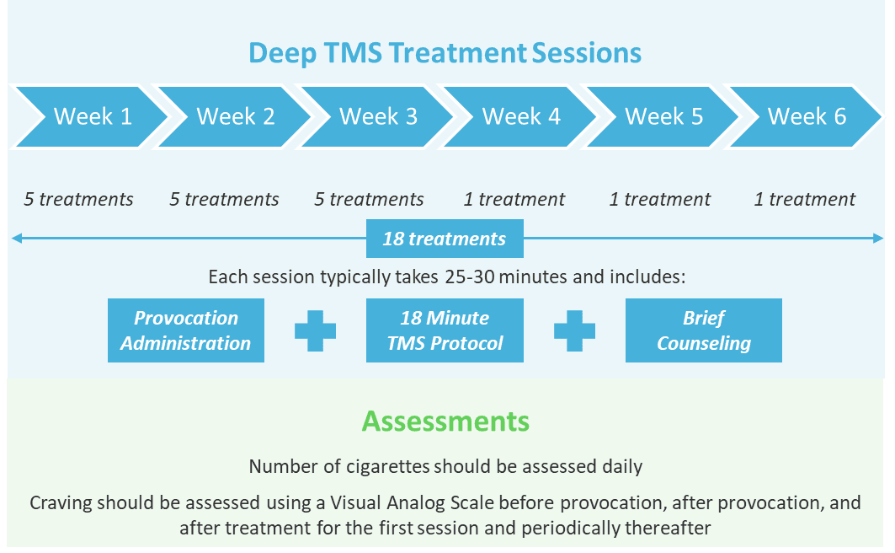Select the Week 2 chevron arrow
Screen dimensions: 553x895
coord(235,116)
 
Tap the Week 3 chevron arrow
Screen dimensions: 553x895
coord(378,116)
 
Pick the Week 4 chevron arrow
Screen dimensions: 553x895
coord(521,116)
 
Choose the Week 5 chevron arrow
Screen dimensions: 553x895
coord(663,116)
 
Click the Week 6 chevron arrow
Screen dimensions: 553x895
coord(807,116)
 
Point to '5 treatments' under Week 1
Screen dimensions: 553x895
coord(78,200)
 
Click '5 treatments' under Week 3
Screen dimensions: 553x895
coord(369,200)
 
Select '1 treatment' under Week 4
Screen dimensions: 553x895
coord(514,200)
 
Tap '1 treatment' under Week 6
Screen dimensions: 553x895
coord(804,200)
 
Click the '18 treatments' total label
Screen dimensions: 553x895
coord(444,239)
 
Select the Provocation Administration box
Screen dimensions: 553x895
coord(185,330)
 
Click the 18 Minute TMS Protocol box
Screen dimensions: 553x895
coord(444,330)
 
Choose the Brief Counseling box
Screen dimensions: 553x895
coord(704,330)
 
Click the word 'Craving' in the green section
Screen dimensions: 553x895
coord(61,503)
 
